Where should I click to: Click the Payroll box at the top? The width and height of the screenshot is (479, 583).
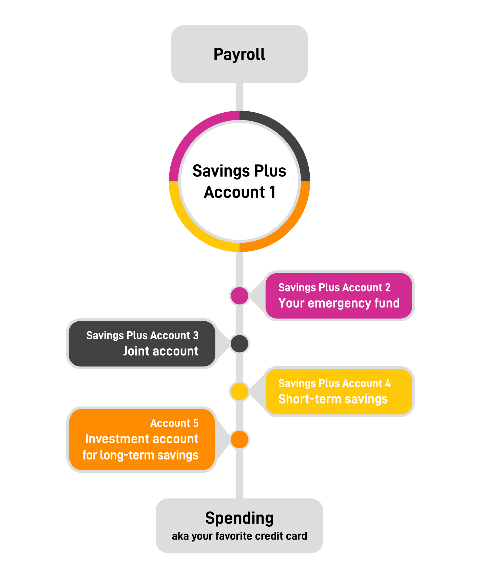pos(240,54)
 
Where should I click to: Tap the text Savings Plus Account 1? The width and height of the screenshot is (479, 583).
pos(240,182)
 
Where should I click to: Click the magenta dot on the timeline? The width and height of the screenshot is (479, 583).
pos(240,296)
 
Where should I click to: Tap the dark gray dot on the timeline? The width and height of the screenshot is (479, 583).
pos(240,343)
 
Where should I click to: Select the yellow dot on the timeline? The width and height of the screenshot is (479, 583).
pos(240,391)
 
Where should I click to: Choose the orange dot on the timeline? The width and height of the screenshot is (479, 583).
pos(240,439)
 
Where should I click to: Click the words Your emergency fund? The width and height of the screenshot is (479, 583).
pos(339,303)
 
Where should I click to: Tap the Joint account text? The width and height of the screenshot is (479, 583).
pos(161,351)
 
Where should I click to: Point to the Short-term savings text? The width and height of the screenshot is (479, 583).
pos(333,399)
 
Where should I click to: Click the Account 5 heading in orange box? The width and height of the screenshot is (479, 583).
pos(174,423)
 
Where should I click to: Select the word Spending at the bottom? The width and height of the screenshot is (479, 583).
pos(240,519)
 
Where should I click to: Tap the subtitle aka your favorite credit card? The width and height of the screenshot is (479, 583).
pos(240,536)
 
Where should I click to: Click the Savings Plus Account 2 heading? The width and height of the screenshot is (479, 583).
pos(334,288)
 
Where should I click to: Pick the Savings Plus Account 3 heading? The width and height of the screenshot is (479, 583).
pos(142,336)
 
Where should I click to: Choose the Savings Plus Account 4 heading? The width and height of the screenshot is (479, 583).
pos(334,383)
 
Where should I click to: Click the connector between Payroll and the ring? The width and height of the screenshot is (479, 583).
pos(240,97)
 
